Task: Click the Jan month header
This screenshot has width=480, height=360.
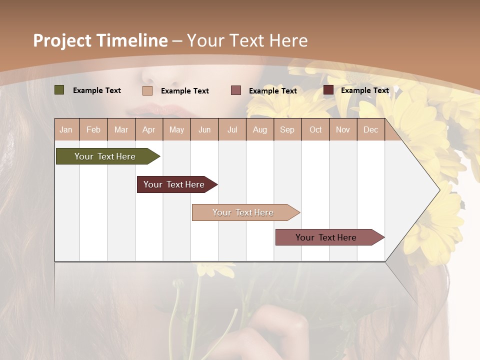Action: click(x=66, y=129)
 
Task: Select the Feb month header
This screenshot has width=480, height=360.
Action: click(x=93, y=129)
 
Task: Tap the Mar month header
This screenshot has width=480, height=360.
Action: click(x=121, y=129)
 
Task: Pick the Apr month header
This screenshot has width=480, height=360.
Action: click(x=148, y=129)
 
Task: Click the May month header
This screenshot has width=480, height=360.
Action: click(x=176, y=129)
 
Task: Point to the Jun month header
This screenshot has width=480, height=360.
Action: click(x=204, y=129)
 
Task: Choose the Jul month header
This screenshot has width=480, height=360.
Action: click(x=232, y=129)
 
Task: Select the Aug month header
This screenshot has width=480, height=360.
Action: click(x=259, y=129)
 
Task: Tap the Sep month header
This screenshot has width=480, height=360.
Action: click(x=287, y=129)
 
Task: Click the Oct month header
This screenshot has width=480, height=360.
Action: click(x=315, y=129)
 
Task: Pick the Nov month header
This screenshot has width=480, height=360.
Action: click(x=343, y=129)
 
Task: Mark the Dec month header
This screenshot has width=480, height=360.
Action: click(x=370, y=129)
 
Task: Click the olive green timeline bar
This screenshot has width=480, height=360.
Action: click(x=105, y=156)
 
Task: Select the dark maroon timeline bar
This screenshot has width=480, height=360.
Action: click(x=174, y=184)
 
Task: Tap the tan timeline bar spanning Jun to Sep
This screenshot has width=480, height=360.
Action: click(x=243, y=212)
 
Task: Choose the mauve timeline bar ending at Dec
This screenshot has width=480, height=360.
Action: click(x=326, y=237)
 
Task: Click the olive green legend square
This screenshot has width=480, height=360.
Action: click(x=59, y=90)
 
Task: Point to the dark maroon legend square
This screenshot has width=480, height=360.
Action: click(x=328, y=90)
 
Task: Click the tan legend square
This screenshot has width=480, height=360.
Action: click(x=147, y=90)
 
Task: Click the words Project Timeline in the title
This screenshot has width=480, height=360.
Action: click(x=100, y=40)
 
